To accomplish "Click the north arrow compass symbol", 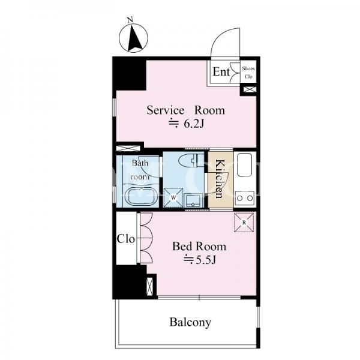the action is pyautogui.click(x=133, y=38).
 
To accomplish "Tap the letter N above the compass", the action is pyautogui.click(x=130, y=20).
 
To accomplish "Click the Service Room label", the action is pyautogui.click(x=186, y=110).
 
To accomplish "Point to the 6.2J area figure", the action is pyautogui.click(x=186, y=124).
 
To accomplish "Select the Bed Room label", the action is pyautogui.click(x=199, y=247).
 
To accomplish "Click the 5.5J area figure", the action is pyautogui.click(x=200, y=260).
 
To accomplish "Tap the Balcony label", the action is pyautogui.click(x=190, y=322).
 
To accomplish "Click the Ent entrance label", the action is pyautogui.click(x=221, y=71).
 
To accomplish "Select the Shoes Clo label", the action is pyautogui.click(x=248, y=73).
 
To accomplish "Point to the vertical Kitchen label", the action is pyautogui.click(x=220, y=178).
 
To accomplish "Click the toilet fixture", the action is pyautogui.click(x=191, y=161).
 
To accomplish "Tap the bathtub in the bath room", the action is pyautogui.click(x=141, y=197).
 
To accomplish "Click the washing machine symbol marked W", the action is pyautogui.click(x=173, y=197).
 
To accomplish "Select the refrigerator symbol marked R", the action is pyautogui.click(x=244, y=223).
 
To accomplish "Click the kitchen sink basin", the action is pyautogui.click(x=245, y=165).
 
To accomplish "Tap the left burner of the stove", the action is pyautogui.click(x=239, y=198).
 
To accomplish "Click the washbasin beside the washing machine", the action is pyautogui.click(x=193, y=200).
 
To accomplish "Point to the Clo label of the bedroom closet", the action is pyautogui.click(x=125, y=239).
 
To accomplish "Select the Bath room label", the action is pyautogui.click(x=140, y=170).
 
